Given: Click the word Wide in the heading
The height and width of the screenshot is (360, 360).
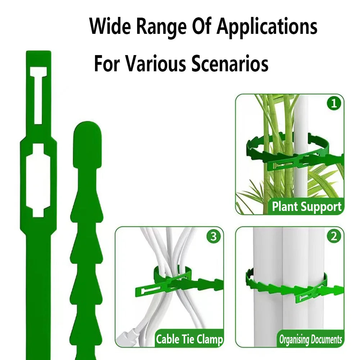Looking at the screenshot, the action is click(110, 26).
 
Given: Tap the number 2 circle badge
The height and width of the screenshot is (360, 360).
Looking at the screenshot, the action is click(334, 236).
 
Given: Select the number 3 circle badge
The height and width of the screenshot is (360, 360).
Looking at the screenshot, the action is click(213, 236).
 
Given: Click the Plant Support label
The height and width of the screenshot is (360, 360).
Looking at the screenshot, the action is click(306, 206).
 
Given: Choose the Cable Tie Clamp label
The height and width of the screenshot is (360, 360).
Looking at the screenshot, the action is click(189, 339).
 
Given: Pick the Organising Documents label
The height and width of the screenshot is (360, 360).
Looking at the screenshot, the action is click(310, 339).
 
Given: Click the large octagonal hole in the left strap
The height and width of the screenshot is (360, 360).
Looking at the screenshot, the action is click(38, 180).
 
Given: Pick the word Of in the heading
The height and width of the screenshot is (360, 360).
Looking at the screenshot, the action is click(201, 26).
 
